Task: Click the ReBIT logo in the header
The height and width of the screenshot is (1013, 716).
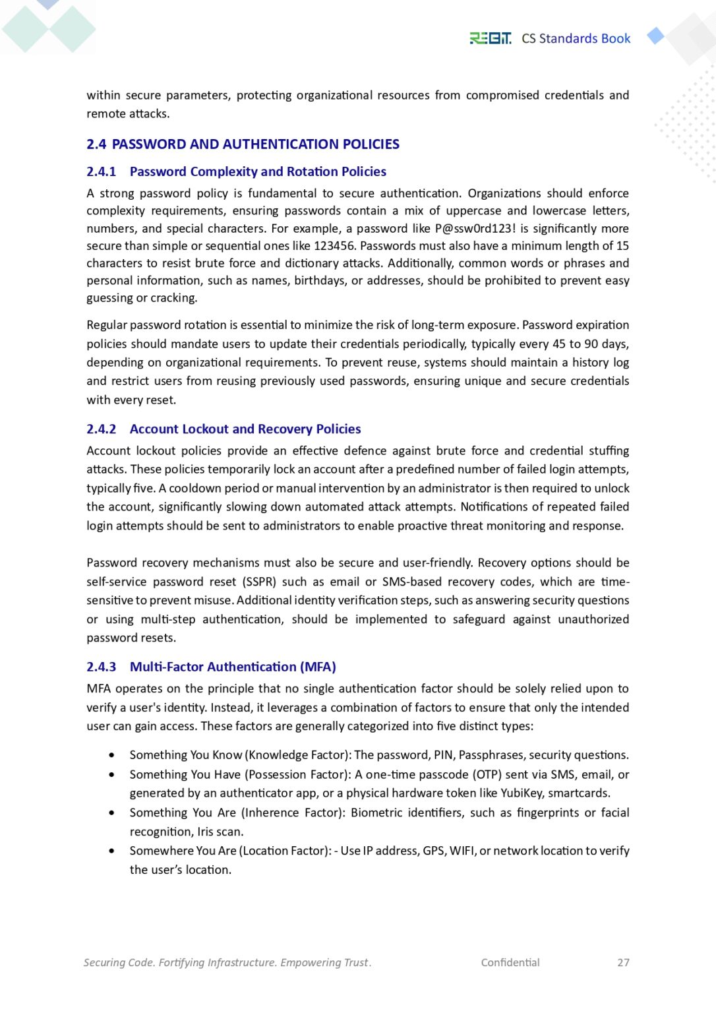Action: pyautogui.click(x=490, y=39)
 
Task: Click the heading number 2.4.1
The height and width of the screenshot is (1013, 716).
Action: pyautogui.click(x=101, y=171)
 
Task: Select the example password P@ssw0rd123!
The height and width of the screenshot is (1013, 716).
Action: pyautogui.click(x=475, y=229)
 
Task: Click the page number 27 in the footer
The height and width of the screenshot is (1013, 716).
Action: pyautogui.click(x=623, y=963)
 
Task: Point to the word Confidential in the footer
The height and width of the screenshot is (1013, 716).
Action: pyautogui.click(x=510, y=963)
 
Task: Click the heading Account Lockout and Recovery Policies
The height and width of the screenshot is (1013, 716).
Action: pyautogui.click(x=245, y=429)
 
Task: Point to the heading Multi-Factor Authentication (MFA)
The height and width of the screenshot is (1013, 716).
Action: pyautogui.click(x=233, y=667)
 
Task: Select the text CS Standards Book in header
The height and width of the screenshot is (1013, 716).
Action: pyautogui.click(x=576, y=39)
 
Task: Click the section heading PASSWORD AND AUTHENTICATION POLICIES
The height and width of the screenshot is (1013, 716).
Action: pyautogui.click(x=256, y=144)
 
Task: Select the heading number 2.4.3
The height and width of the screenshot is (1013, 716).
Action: pyautogui.click(x=101, y=667)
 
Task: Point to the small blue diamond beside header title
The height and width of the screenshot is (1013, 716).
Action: pyautogui.click(x=655, y=36)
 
